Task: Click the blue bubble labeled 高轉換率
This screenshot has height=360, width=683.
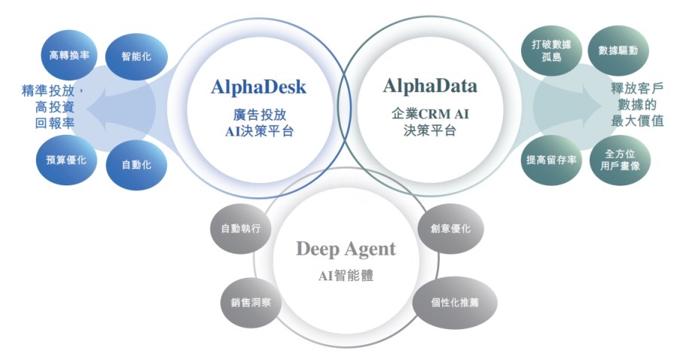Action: pyautogui.click(x=69, y=55)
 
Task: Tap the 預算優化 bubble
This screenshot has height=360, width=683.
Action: pyautogui.click(x=66, y=160)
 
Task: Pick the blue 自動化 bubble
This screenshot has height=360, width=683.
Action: pyautogui.click(x=136, y=163)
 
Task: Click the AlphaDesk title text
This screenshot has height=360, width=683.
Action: pyautogui.click(x=258, y=87)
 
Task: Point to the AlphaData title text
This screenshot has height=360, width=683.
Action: pyautogui.click(x=430, y=86)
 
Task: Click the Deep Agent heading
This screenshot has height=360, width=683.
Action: pyautogui.click(x=346, y=249)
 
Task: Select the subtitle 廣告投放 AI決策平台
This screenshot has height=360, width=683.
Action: pyautogui.click(x=258, y=124)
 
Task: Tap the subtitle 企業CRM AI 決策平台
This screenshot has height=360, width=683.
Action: pyautogui.click(x=429, y=122)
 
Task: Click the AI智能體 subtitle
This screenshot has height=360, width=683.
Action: pyautogui.click(x=346, y=276)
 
